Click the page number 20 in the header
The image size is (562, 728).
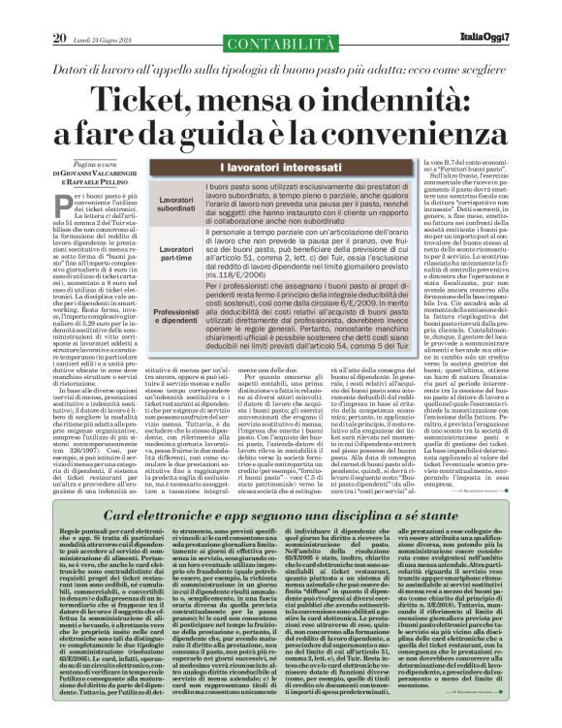point(33,11)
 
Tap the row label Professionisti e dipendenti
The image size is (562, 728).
point(157,314)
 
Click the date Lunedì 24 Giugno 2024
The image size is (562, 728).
point(102,12)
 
